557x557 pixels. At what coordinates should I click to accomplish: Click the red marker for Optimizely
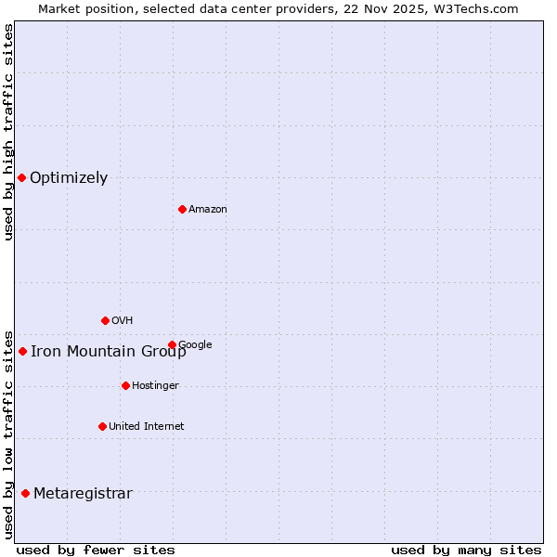pyautogui.click(x=21, y=177)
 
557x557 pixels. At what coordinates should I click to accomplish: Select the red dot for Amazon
pyautogui.click(x=182, y=209)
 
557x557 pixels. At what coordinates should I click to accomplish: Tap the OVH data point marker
pyautogui.click(x=105, y=320)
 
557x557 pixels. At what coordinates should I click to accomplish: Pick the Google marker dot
pyautogui.click(x=172, y=344)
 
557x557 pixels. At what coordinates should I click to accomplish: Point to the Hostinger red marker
pyautogui.click(x=125, y=385)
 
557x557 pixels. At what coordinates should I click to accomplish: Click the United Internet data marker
pyautogui.click(x=102, y=426)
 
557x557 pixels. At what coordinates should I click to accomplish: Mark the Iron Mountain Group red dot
pyautogui.click(x=22, y=351)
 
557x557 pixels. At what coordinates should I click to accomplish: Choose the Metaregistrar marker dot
pyautogui.click(x=25, y=493)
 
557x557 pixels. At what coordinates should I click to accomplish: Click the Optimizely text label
pyautogui.click(x=69, y=178)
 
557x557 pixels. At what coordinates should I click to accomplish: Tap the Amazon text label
pyautogui.click(x=208, y=210)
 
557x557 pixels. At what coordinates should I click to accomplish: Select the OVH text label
pyautogui.click(x=123, y=321)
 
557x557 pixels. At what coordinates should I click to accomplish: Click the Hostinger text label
pyautogui.click(x=155, y=386)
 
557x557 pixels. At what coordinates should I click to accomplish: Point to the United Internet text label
pyautogui.click(x=147, y=427)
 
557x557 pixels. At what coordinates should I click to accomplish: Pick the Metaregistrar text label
pyautogui.click(x=83, y=494)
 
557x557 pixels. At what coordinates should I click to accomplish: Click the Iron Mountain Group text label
pyautogui.click(x=108, y=352)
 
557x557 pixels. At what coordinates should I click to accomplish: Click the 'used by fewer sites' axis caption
pyautogui.click(x=96, y=550)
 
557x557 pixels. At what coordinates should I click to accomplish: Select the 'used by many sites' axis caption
pyautogui.click(x=466, y=550)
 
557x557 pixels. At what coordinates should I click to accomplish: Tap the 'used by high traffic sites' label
pyautogui.click(x=8, y=132)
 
